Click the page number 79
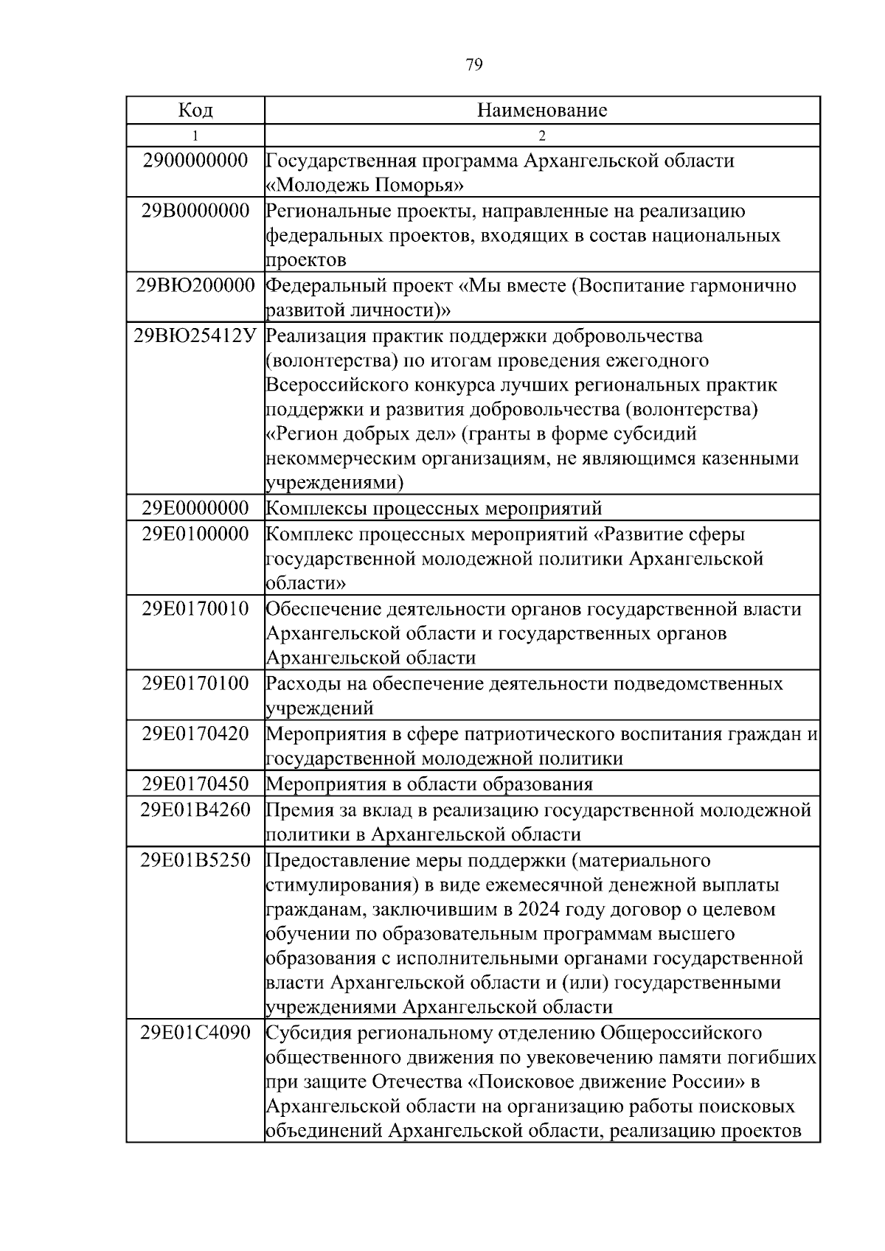474,66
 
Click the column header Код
195,111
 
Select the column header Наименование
542,111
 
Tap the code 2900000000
195,161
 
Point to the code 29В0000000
195,212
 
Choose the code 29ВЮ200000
195,285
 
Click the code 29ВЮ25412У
195,336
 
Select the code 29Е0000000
195,509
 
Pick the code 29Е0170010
195,610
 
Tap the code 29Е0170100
195,683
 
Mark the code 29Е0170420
195,734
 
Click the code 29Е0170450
195,784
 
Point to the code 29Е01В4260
195,810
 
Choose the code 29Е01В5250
195,860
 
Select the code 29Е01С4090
195,1033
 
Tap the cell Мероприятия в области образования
429,784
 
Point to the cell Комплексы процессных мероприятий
434,509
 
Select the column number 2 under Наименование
542,136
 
